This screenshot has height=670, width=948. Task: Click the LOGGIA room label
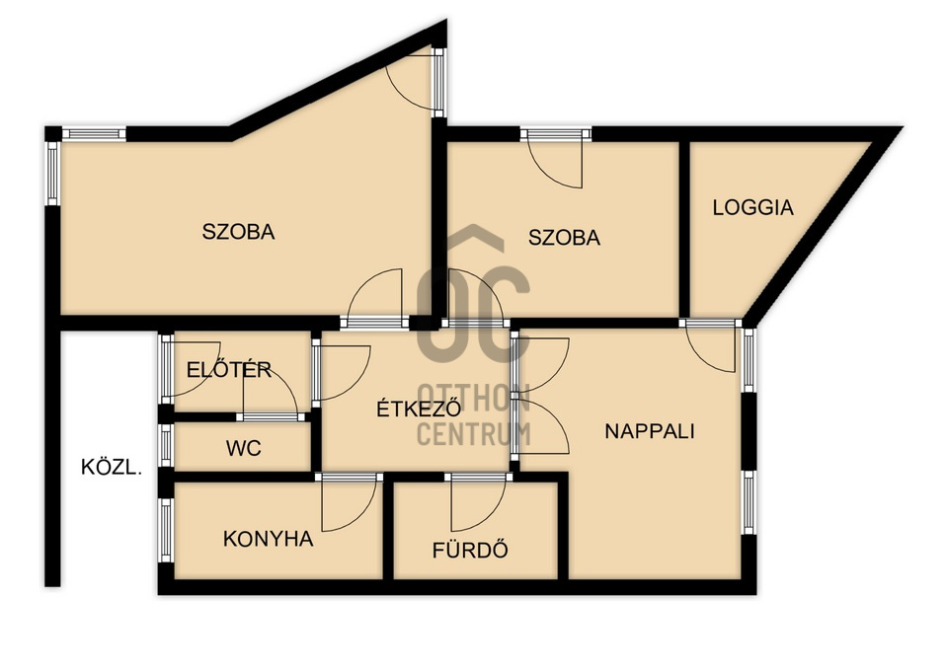[x=752, y=207]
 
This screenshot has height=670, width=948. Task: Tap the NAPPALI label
[x=650, y=431]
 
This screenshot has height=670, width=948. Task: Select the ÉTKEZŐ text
[x=419, y=409]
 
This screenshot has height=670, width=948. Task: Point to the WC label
[x=244, y=448]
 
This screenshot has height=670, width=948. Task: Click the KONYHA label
[x=268, y=539]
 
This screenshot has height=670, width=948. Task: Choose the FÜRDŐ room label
[x=470, y=550]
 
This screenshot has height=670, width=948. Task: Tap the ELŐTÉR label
[x=228, y=369]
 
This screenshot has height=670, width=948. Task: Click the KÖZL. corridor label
[x=112, y=467]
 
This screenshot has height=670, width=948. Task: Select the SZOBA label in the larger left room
[x=238, y=231]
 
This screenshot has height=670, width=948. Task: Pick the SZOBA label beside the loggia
[x=564, y=238]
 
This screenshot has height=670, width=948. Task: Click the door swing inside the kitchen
[x=349, y=502]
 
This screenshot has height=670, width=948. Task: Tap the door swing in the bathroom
[x=478, y=502]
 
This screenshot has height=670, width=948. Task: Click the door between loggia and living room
[x=711, y=346]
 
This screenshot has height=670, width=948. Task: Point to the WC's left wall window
[x=166, y=446]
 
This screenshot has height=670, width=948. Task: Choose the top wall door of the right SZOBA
[x=556, y=158]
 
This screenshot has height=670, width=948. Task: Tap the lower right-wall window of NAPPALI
[x=750, y=502]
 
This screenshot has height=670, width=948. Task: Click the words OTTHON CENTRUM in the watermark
[x=474, y=414]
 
